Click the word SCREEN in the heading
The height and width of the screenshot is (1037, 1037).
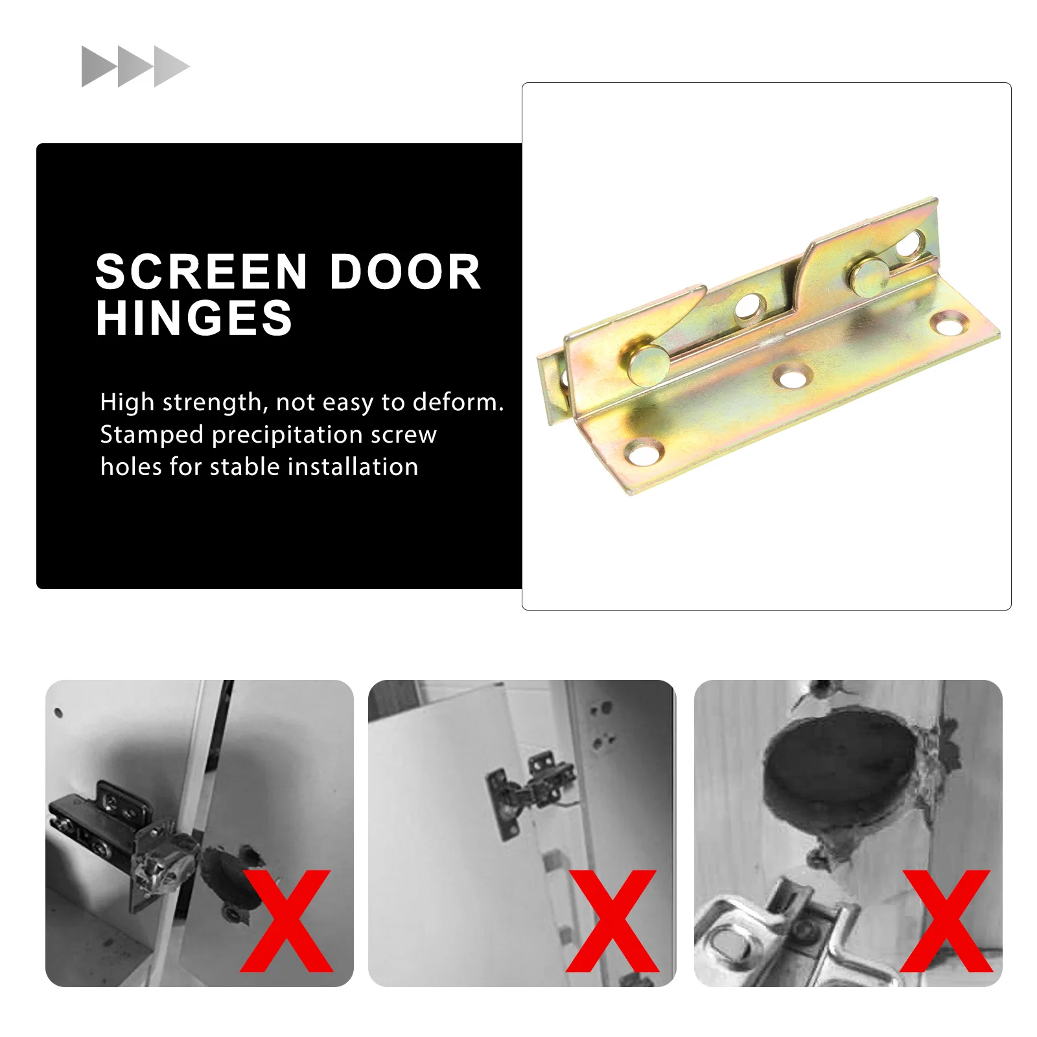[201, 272]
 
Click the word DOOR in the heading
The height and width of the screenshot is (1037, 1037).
[405, 272]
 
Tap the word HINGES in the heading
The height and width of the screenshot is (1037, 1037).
[194, 318]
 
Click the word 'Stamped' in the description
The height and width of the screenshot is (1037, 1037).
[152, 435]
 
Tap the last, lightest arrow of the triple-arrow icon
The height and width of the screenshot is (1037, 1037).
[170, 66]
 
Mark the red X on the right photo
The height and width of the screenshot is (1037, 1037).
[946, 921]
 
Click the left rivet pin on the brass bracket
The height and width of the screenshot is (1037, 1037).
[647, 365]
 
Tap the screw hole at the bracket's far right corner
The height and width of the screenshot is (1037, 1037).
[949, 323]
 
